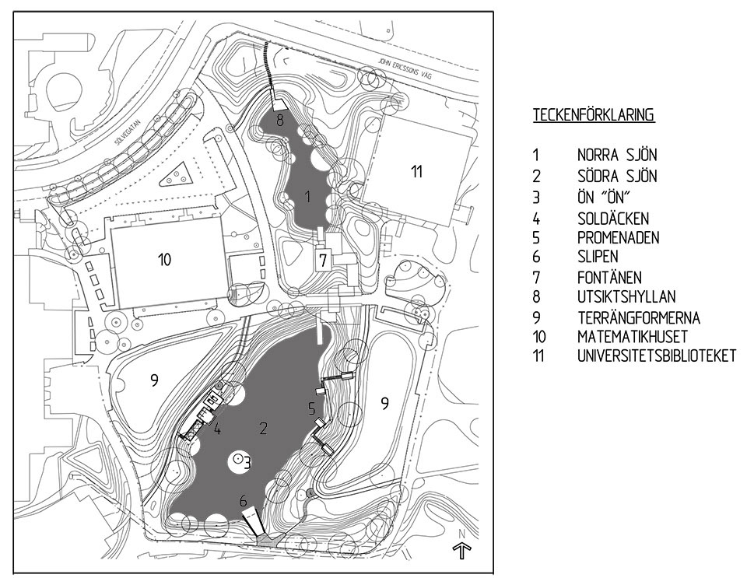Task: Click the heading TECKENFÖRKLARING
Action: pyautogui.click(x=593, y=115)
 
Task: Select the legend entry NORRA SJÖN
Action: pyautogui.click(x=616, y=155)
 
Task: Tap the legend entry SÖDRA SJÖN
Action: pyautogui.click(x=616, y=176)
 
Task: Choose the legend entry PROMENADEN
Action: pyautogui.click(x=618, y=236)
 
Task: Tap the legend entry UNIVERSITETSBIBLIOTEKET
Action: pyautogui.click(x=656, y=357)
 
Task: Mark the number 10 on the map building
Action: pyautogui.click(x=163, y=260)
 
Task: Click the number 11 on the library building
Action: pyautogui.click(x=417, y=172)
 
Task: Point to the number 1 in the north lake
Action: pyautogui.click(x=309, y=197)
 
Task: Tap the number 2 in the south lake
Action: pyautogui.click(x=264, y=427)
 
